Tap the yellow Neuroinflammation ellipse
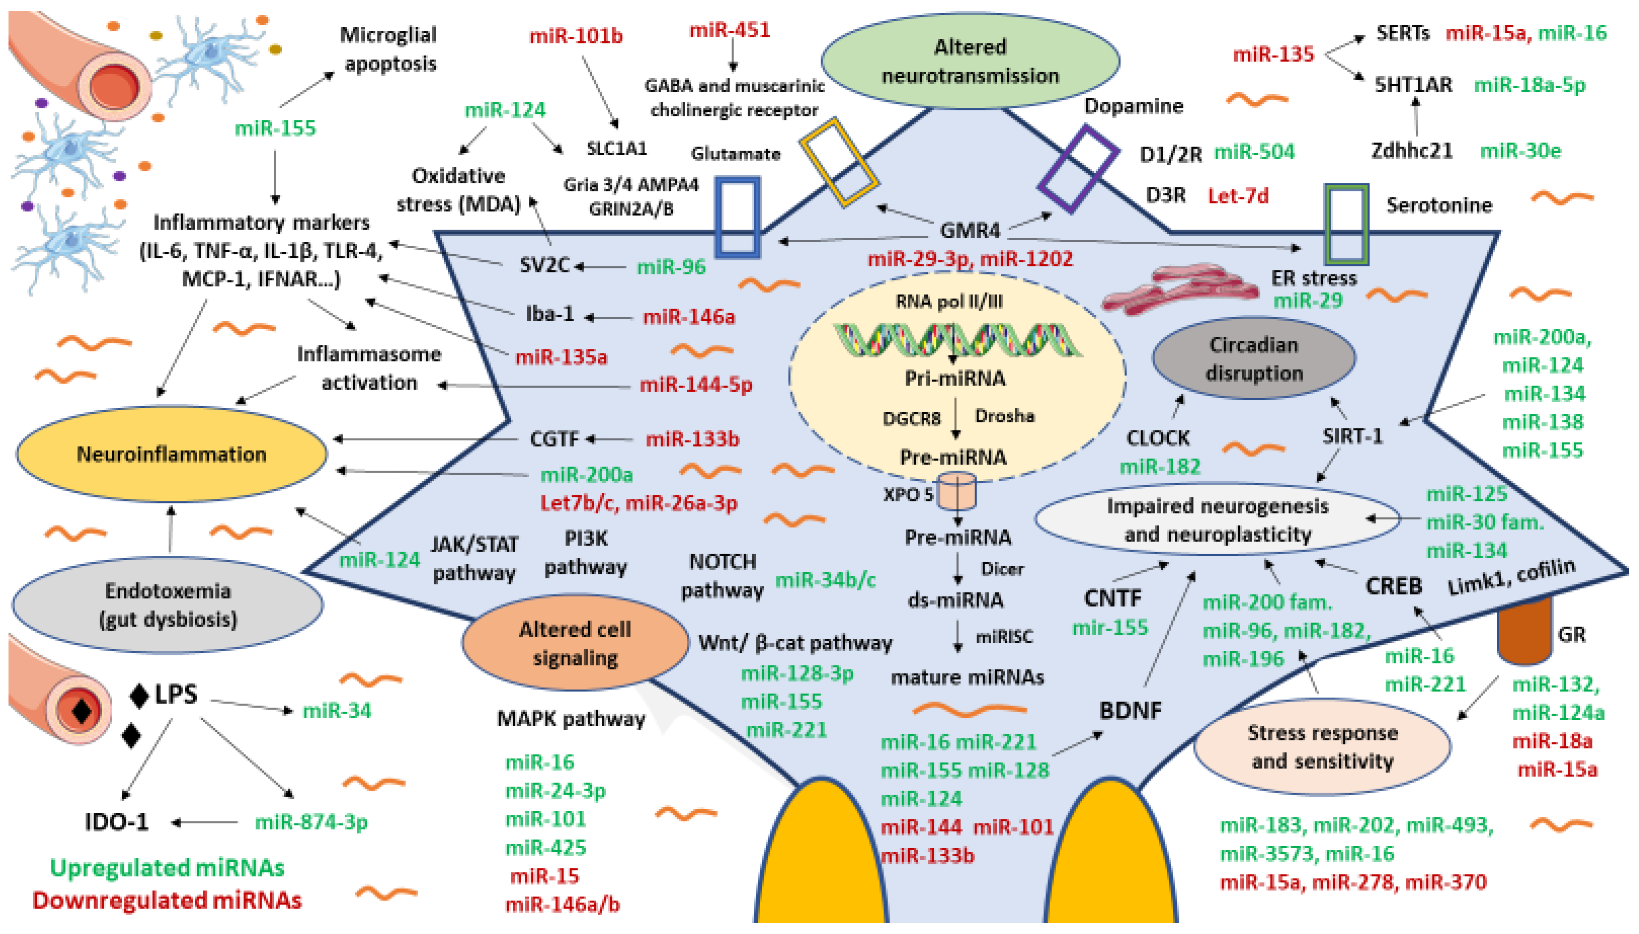pos(171,454)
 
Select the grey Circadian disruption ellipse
pos(1253,358)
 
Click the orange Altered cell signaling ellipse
pos(575,643)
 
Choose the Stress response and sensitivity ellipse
pos(1322,747)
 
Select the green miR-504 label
pos(1253,152)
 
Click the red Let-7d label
pos(1238,196)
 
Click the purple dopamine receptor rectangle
pos(1078,169)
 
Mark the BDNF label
pos(1130,710)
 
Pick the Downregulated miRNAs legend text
pos(167,900)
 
